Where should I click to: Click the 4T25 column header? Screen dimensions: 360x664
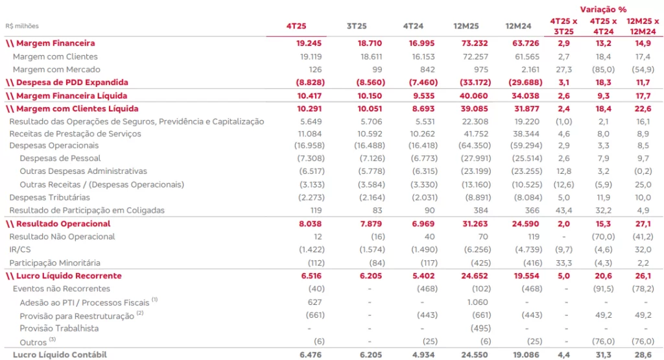(x=296, y=25)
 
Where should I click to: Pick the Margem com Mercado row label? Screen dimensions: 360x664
(x=56, y=69)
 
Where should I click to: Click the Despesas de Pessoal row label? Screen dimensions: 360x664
(x=60, y=158)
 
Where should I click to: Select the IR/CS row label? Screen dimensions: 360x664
(x=20, y=250)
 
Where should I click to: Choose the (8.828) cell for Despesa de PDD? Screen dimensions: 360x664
(x=293, y=82)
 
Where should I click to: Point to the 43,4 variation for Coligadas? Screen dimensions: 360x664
(x=563, y=210)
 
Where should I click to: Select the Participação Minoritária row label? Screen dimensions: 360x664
(x=55, y=263)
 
